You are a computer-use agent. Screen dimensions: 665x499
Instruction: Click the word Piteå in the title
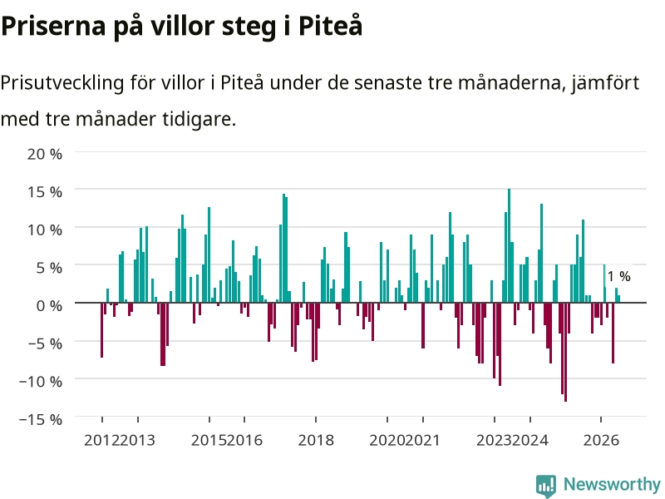pos(330,26)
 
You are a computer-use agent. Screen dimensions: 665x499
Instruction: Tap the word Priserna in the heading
pos(53,26)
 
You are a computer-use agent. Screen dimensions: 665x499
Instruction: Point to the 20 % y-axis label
pos(45,154)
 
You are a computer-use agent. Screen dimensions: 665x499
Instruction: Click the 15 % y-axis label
pos(45,192)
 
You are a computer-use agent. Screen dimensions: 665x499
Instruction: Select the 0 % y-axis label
pos(49,305)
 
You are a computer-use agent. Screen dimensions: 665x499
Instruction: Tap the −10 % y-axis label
pos(40,381)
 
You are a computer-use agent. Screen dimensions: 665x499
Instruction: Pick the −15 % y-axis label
pos(40,419)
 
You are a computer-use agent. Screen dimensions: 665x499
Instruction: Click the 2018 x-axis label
pos(316,440)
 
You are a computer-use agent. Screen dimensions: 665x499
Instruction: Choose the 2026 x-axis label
pos(601,440)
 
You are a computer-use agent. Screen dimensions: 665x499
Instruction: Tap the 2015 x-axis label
pos(209,440)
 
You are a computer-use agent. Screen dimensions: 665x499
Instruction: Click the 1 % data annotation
pos(618,276)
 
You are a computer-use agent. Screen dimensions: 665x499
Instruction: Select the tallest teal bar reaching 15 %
pos(509,245)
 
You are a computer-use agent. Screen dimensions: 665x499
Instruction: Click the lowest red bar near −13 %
pos(565,352)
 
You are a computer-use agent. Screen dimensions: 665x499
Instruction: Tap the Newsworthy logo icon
pos(546,486)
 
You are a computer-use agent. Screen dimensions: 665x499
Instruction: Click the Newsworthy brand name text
pos(612,484)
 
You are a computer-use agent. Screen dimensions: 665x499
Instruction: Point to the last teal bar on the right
pos(618,299)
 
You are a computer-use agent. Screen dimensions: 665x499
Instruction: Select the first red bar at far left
pos(101,329)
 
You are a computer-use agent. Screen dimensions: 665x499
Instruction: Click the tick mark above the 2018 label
pos(316,420)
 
